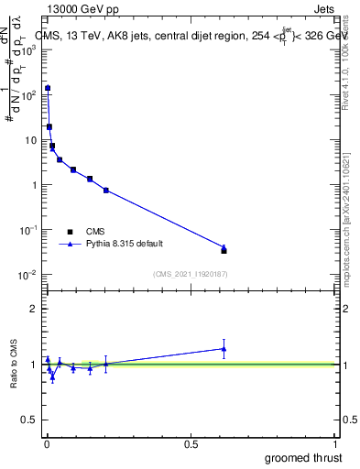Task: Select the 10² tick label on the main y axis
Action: coord(27,95)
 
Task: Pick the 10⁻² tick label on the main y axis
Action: coord(27,275)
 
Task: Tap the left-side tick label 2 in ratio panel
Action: coord(33,309)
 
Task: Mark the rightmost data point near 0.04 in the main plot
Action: coord(224,249)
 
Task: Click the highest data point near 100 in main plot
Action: coord(48,88)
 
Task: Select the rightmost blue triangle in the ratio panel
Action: coord(224,348)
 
